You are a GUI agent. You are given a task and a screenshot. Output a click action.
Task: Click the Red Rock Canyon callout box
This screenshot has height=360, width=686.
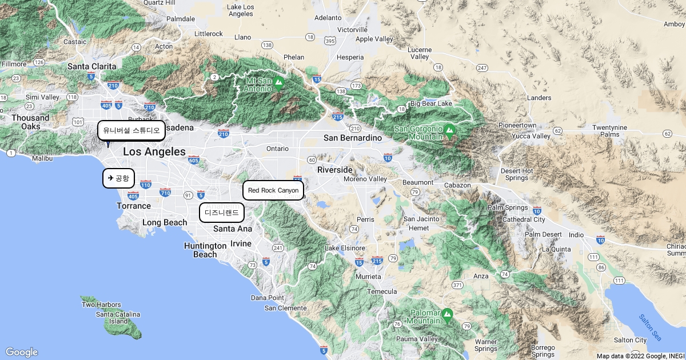click(273, 190)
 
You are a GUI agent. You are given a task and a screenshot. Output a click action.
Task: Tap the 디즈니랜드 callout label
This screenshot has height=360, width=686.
click(222, 213)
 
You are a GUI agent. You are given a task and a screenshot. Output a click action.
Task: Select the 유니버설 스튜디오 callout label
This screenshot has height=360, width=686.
click(131, 130)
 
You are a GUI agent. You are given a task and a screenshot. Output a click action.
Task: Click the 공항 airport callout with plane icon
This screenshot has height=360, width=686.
click(118, 178)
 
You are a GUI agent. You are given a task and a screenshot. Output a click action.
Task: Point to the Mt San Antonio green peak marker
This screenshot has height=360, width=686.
click(278, 83)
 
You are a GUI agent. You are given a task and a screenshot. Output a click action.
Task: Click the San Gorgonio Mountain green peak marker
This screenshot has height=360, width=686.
click(449, 131)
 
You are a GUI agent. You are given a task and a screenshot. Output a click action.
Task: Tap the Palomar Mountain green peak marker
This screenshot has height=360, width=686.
click(447, 314)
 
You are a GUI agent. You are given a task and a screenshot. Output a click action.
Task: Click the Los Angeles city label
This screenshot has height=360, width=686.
click(154, 151)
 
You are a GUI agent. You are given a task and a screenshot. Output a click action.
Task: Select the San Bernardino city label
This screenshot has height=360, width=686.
click(352, 138)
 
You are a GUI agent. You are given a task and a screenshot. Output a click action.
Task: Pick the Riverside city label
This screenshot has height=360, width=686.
click(335, 170)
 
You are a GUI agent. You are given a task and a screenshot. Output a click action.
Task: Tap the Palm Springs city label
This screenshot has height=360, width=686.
click(508, 207)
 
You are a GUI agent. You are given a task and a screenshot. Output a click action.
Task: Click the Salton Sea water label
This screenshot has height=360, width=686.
click(650, 326)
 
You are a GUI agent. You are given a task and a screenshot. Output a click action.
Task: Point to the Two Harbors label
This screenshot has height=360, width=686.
click(101, 305)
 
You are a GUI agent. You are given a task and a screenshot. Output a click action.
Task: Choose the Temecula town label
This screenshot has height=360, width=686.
click(381, 291)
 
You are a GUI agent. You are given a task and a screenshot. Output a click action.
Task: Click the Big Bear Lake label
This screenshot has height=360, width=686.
click(431, 103)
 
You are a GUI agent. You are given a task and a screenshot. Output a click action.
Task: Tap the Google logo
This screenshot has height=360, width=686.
click(21, 352)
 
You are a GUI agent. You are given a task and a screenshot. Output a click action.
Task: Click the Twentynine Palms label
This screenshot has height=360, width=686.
click(613, 130)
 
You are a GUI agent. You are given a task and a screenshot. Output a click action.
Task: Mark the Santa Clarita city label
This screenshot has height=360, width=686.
click(91, 66)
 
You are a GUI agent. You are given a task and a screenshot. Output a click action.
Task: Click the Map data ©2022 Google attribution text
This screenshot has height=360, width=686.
click(640, 356)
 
